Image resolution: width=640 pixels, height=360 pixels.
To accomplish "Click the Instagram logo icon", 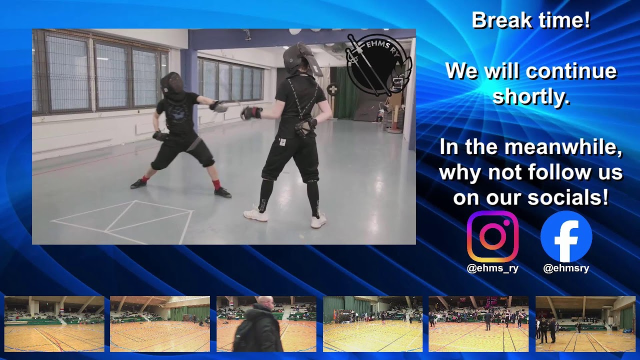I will (x=492, y=236).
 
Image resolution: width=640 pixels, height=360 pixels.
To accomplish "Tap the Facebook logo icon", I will (x=566, y=236).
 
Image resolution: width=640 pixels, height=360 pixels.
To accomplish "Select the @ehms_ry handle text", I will (x=492, y=268).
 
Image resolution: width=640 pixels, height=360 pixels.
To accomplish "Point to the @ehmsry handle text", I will (x=566, y=268).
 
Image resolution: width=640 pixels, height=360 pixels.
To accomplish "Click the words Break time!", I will (x=531, y=21).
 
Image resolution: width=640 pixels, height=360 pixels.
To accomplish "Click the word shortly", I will (x=531, y=96).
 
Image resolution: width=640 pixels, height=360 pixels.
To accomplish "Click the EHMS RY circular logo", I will (x=378, y=64).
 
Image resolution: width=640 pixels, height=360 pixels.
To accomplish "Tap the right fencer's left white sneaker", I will (x=255, y=214).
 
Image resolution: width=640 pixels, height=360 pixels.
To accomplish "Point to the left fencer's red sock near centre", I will (x=216, y=184).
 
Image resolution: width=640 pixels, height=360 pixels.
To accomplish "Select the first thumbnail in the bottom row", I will (x=54, y=324).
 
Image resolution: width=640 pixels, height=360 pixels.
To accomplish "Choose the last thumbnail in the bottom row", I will (x=585, y=324).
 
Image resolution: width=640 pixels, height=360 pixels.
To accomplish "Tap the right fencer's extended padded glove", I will (x=251, y=113).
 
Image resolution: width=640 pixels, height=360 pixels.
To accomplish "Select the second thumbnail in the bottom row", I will (x=160, y=324).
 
